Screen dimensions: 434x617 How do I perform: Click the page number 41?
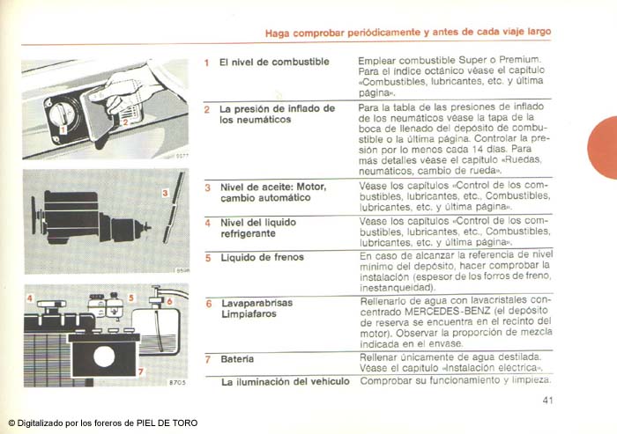[546, 401]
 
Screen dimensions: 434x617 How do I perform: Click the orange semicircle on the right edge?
[603, 147]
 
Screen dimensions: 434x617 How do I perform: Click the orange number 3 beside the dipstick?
[165, 191]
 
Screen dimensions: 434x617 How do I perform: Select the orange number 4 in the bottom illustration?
[29, 299]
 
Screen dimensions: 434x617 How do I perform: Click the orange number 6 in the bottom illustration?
[169, 301]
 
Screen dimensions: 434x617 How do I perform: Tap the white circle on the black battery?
[104, 357]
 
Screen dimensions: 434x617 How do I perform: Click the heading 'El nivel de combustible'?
[274, 63]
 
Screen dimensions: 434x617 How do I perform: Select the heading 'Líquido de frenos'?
[261, 257]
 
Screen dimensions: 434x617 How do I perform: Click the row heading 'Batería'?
[237, 359]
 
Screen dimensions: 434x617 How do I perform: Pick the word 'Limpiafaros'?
[244, 314]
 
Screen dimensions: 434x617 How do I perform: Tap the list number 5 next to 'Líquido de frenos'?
[208, 258]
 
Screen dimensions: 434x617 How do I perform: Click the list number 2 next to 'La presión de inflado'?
[207, 110]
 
